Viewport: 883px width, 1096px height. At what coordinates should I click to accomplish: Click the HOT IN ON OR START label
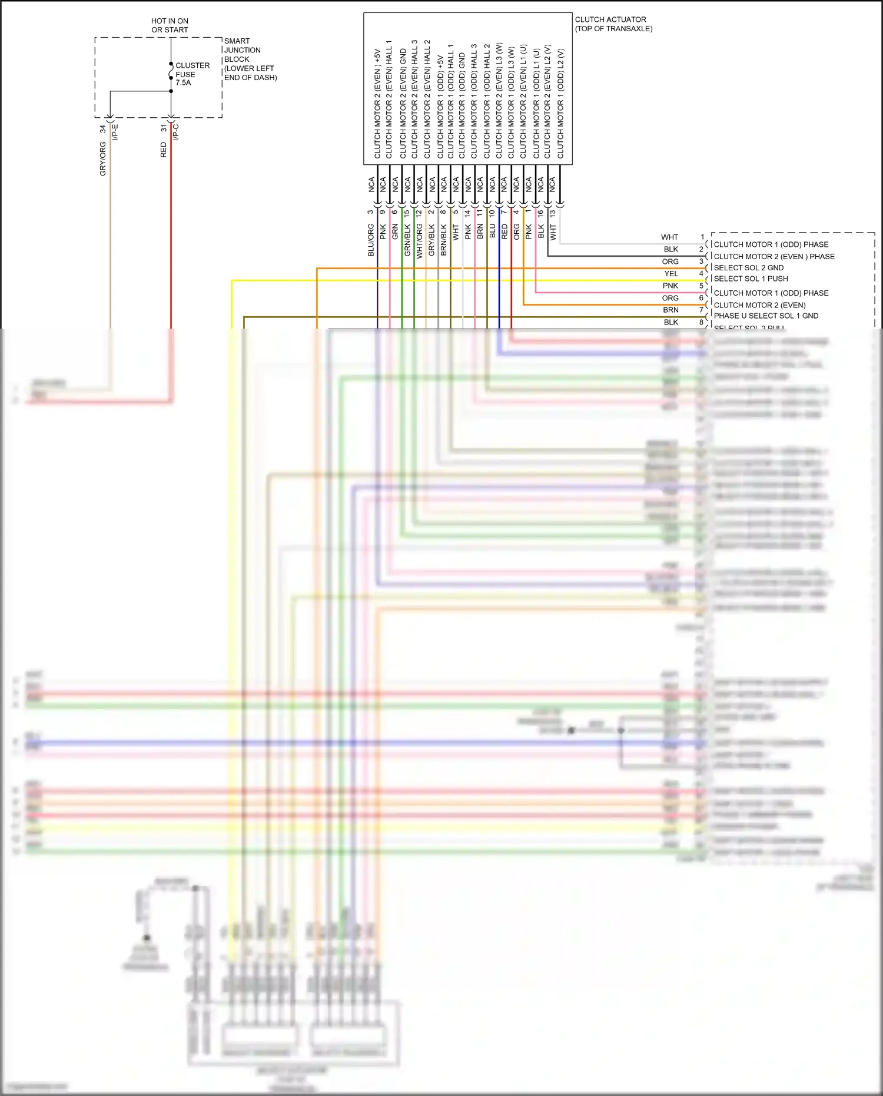[170, 25]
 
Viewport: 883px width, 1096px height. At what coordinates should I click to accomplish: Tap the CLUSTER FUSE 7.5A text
[192, 74]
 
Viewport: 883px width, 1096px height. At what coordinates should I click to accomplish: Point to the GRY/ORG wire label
[103, 158]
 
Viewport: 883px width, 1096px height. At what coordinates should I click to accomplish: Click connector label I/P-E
[116, 132]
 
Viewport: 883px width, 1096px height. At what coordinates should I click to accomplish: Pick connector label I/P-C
[176, 132]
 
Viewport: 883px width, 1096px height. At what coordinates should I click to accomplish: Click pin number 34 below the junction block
[103, 128]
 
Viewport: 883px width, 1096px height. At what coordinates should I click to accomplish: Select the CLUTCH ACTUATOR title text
[613, 24]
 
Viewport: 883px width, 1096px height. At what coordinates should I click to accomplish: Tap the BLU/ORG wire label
[371, 240]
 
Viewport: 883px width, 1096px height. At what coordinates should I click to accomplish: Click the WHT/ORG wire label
[420, 241]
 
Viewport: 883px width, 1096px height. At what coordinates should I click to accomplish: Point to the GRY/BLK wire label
[431, 240]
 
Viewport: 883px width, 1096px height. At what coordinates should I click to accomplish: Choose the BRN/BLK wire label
[444, 240]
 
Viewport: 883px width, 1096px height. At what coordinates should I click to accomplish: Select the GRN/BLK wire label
[407, 240]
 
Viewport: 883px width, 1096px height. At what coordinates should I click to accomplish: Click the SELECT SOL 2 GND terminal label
[748, 268]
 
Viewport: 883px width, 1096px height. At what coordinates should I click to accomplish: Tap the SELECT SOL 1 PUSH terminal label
[751, 279]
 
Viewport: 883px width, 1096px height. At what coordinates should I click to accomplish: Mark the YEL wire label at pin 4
[671, 274]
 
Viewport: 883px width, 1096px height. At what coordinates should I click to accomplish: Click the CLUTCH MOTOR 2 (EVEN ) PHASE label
[774, 257]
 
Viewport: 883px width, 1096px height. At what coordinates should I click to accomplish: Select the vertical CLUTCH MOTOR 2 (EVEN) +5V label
[377, 104]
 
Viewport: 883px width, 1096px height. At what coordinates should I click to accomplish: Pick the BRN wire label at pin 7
[670, 310]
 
